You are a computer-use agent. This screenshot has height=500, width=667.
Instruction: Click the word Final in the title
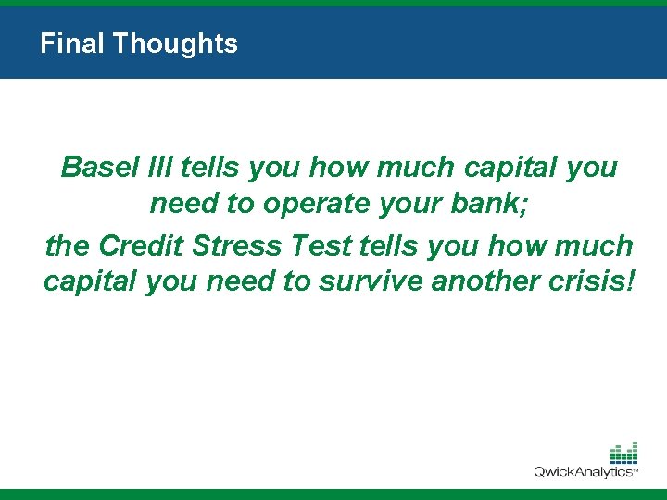[63, 44]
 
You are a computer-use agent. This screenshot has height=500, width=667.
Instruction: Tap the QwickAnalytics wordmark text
[585, 472]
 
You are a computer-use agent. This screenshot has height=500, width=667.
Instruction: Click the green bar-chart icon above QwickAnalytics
[623, 453]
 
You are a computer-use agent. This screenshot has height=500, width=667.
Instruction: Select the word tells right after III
[210, 168]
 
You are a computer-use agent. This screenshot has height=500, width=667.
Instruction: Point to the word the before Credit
[67, 245]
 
